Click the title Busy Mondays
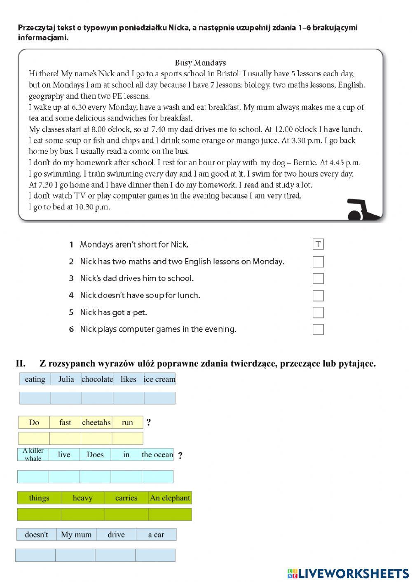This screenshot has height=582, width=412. click(200, 63)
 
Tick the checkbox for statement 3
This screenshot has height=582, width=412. click(318, 278)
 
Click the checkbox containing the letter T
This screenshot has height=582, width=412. click(318, 244)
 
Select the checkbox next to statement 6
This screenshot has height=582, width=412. click(318, 330)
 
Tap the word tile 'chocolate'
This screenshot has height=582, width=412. click(97, 379)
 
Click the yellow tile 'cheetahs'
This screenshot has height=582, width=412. click(96, 422)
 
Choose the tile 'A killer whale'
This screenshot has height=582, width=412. click(33, 454)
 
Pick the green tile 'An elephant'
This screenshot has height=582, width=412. click(170, 498)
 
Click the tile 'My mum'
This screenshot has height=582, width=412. click(76, 534)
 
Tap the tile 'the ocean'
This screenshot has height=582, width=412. click(157, 454)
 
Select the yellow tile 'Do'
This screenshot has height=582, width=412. click(34, 422)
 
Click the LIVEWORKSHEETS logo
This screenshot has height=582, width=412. click(348, 573)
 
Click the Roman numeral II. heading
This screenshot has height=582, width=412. click(21, 363)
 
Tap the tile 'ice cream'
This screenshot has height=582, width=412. click(159, 379)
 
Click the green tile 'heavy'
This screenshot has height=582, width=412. click(82, 498)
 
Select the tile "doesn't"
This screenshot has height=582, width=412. click(36, 534)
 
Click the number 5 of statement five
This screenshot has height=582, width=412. click(71, 312)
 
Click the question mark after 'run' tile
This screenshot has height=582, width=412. click(149, 422)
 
